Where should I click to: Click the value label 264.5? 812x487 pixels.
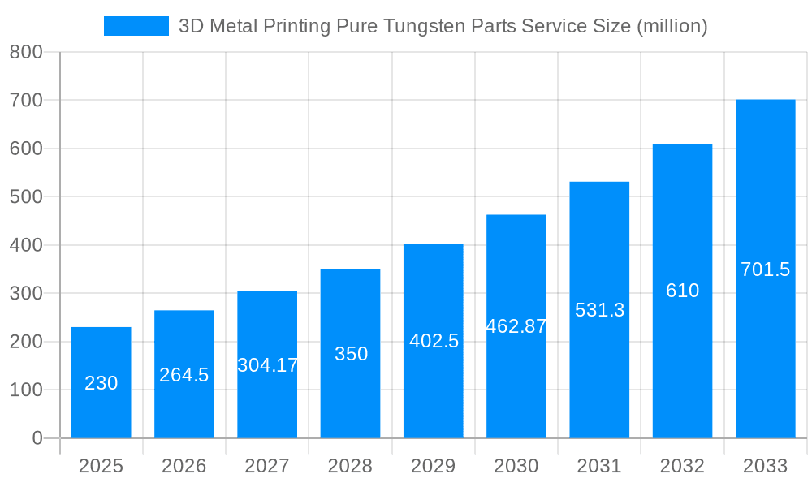tap(184, 375)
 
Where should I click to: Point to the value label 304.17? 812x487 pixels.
tap(267, 365)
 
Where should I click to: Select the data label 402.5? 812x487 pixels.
tap(434, 341)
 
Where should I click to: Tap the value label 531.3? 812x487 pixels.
tap(599, 310)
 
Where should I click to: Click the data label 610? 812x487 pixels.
tap(682, 291)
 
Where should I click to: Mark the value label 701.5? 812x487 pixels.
tap(765, 269)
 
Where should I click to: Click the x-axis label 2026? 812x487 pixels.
tap(184, 466)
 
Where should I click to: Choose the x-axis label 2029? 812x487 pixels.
tap(434, 466)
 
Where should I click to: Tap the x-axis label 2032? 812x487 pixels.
tap(682, 466)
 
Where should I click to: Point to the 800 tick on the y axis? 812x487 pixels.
tap(26, 52)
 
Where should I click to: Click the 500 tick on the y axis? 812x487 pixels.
tap(26, 196)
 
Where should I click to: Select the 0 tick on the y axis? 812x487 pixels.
tap(37, 438)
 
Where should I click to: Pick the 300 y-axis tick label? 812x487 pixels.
tap(26, 293)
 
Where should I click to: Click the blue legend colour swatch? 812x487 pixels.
tap(136, 26)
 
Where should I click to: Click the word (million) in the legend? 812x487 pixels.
tap(672, 26)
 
